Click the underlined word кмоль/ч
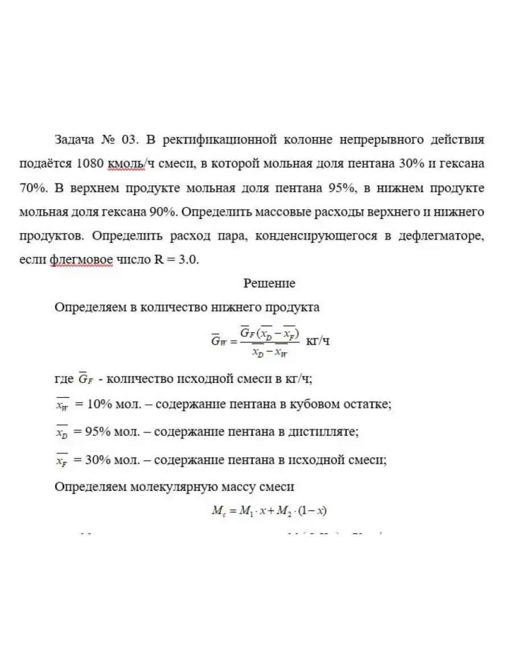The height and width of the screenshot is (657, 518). (126, 164)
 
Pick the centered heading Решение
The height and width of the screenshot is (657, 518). (269, 283)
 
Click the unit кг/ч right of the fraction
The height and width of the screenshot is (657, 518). (318, 341)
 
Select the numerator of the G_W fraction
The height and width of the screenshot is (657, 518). (269, 332)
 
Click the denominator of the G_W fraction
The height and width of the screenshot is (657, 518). (269, 352)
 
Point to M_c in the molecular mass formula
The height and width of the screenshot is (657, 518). (218, 511)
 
